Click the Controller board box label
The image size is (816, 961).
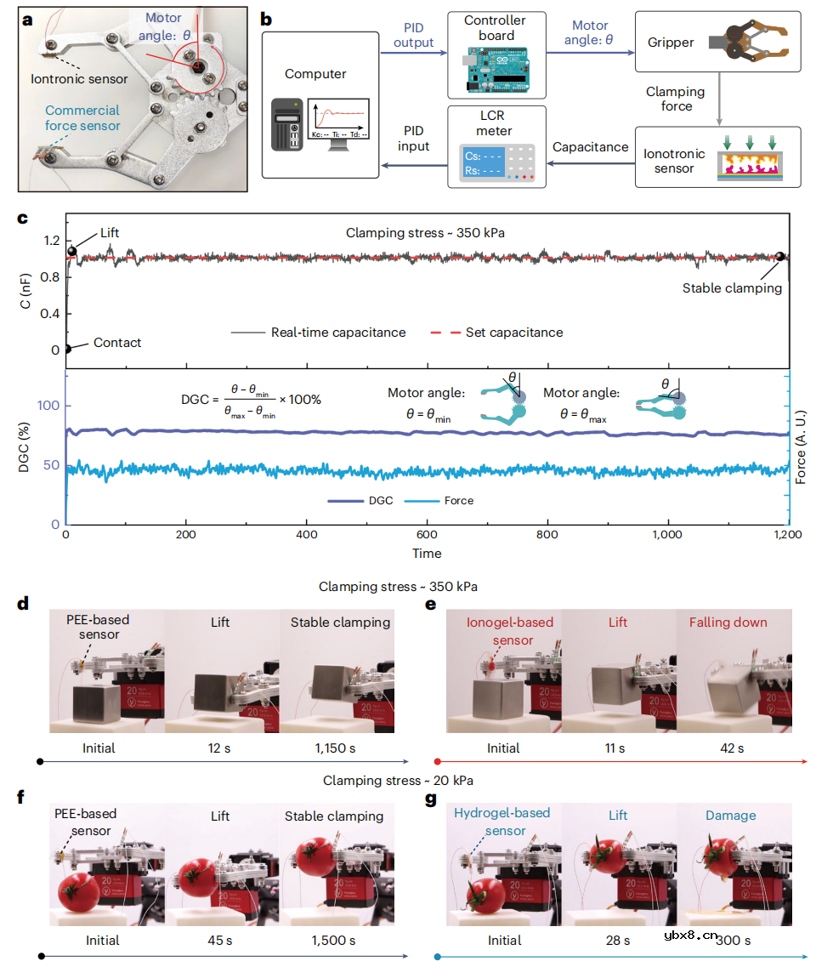496,27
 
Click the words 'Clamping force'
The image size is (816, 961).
676,99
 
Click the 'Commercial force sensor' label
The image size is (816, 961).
82,118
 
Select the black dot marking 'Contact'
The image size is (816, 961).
67,349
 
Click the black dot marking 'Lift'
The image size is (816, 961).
72,252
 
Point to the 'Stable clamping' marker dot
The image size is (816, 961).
779,257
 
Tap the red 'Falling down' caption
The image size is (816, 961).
728,623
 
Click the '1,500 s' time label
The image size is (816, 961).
333,940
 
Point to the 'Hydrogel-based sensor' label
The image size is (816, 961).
501,822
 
